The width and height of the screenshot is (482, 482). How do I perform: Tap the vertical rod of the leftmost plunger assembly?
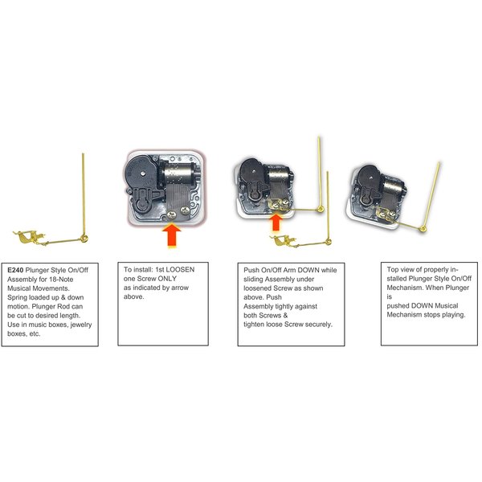pos(84,193)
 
